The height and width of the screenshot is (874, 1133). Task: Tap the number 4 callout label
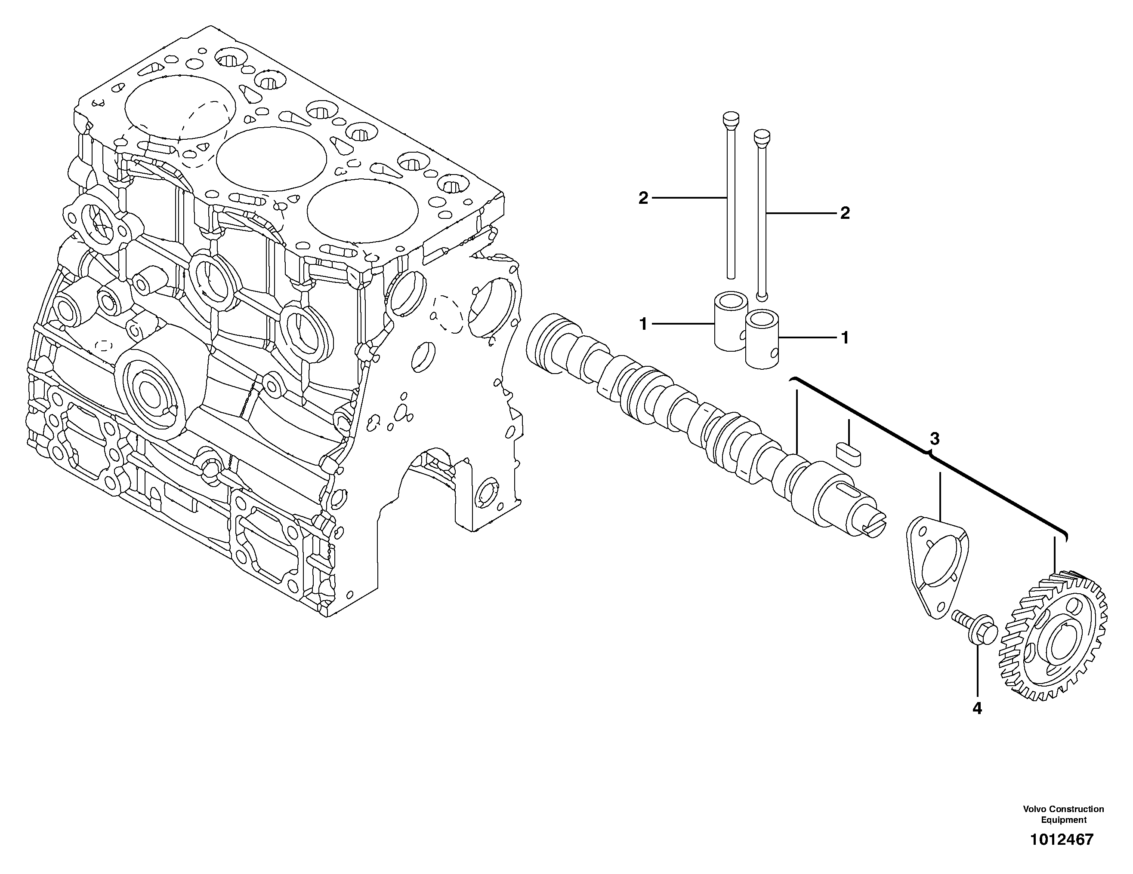click(x=977, y=708)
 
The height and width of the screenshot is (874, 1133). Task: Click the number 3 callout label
click(x=934, y=439)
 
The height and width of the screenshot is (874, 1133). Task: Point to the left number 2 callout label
click(x=643, y=198)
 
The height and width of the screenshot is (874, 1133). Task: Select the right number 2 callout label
click(x=845, y=213)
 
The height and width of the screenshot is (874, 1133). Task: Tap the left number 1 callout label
click(x=643, y=325)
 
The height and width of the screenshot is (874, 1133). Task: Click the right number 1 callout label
click(x=845, y=338)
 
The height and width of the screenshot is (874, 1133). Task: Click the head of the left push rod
click(x=731, y=120)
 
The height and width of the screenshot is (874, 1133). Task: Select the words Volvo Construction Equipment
click(x=1063, y=814)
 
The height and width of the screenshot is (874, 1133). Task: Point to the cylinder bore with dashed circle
click(x=180, y=107)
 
